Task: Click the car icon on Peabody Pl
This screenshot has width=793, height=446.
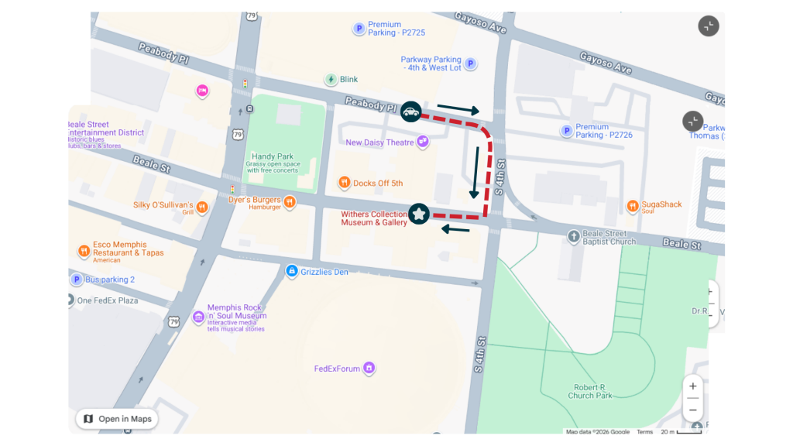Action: click(410, 112)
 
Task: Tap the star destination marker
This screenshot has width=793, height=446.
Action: click(419, 214)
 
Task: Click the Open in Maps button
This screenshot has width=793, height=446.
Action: click(117, 419)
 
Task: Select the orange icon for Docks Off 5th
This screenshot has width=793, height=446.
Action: click(344, 183)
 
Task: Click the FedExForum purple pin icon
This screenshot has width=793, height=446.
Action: click(369, 368)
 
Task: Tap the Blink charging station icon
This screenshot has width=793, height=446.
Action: click(331, 79)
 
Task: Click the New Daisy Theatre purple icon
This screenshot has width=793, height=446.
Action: click(422, 142)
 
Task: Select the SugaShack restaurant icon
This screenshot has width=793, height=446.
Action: click(632, 207)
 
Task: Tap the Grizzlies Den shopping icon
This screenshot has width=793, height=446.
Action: click(291, 271)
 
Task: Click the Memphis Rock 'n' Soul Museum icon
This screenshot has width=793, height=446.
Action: click(199, 316)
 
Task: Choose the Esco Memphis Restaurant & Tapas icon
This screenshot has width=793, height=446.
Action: click(84, 251)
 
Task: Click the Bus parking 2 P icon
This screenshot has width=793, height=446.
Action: click(77, 280)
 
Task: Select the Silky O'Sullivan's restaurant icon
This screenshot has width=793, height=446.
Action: click(202, 207)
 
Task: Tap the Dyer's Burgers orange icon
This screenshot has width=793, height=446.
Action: click(290, 202)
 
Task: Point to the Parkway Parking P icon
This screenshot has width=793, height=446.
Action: click(470, 63)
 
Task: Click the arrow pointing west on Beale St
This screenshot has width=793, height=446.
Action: click(456, 229)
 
